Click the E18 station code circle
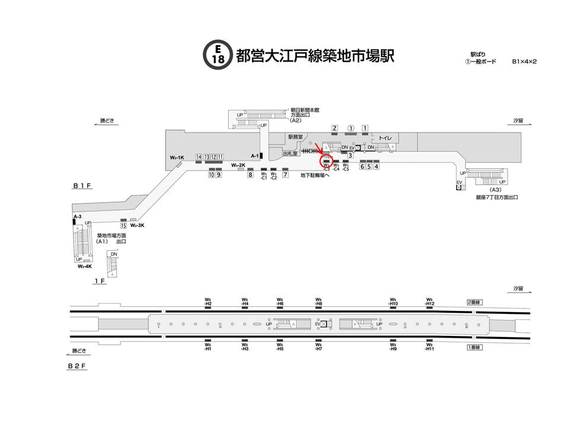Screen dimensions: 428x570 tap(218, 55)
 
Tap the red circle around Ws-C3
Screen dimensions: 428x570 tap(326, 161)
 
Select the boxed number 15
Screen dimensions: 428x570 tap(123, 225)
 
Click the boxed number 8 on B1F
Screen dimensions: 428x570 tap(251, 175)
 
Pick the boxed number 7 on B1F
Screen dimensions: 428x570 tap(286, 175)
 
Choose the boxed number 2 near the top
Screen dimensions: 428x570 tap(335, 128)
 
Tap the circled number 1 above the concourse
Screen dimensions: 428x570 tap(351, 128)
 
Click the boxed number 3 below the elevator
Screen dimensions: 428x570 tap(351, 156)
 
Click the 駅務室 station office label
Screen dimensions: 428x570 tap(295, 136)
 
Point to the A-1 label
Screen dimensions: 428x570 tap(254, 156)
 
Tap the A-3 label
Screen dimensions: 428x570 tap(77, 216)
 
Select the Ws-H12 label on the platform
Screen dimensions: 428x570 tap(430, 301)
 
